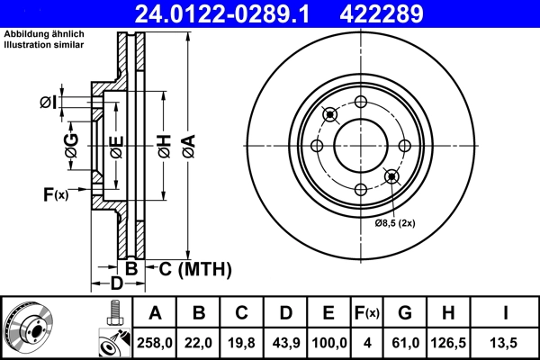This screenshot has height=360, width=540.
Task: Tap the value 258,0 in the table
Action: [155, 341]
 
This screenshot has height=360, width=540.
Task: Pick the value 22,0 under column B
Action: [200, 341]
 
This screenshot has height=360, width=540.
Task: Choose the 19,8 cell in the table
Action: [241, 341]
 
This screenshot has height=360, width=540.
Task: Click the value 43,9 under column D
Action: [284, 341]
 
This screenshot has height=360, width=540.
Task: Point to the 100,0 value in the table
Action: [328, 341]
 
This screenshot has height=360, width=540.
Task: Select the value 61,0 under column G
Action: [405, 341]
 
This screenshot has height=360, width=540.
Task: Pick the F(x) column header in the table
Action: [366, 313]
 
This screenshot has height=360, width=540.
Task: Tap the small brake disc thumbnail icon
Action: [28, 327]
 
